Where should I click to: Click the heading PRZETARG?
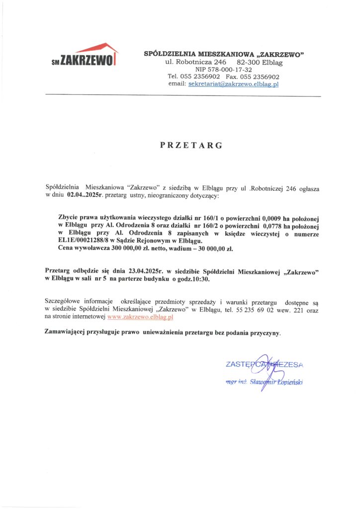(191, 146)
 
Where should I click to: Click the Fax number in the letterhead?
(260, 77)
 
